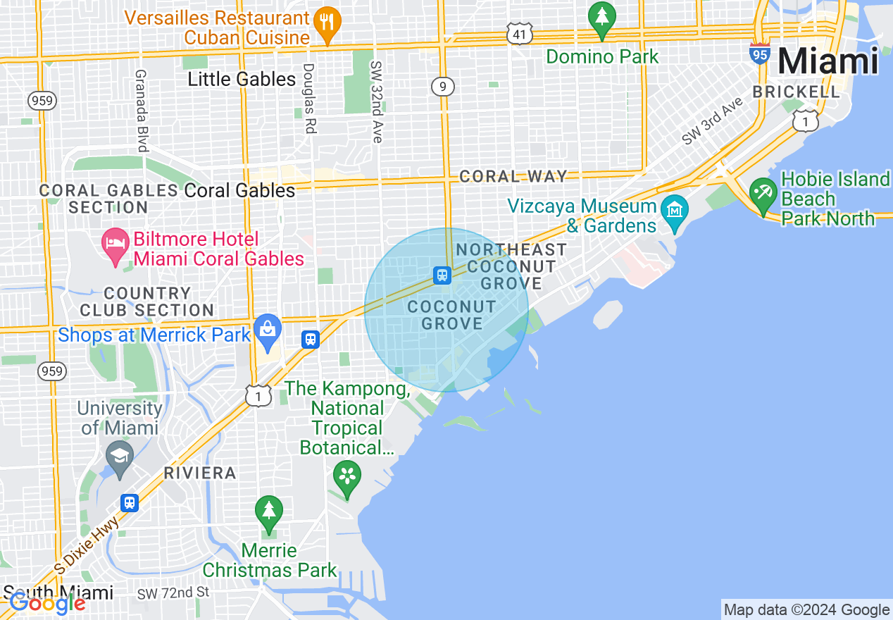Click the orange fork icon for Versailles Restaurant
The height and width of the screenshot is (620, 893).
(325, 20)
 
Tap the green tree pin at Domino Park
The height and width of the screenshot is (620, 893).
(602, 18)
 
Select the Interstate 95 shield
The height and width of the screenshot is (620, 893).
(760, 54)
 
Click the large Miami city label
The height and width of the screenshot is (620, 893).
(828, 61)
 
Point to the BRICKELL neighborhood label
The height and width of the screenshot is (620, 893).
(796, 92)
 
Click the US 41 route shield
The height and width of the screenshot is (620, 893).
(519, 33)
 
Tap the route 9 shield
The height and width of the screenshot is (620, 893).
(442, 87)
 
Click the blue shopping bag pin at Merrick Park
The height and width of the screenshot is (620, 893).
(268, 330)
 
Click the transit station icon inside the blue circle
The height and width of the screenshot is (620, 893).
(442, 275)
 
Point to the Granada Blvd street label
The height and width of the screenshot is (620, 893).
(142, 110)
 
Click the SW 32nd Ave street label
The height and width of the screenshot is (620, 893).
(376, 101)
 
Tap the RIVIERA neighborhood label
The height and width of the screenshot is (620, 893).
(200, 473)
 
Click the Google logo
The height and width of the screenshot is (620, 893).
(47, 603)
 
